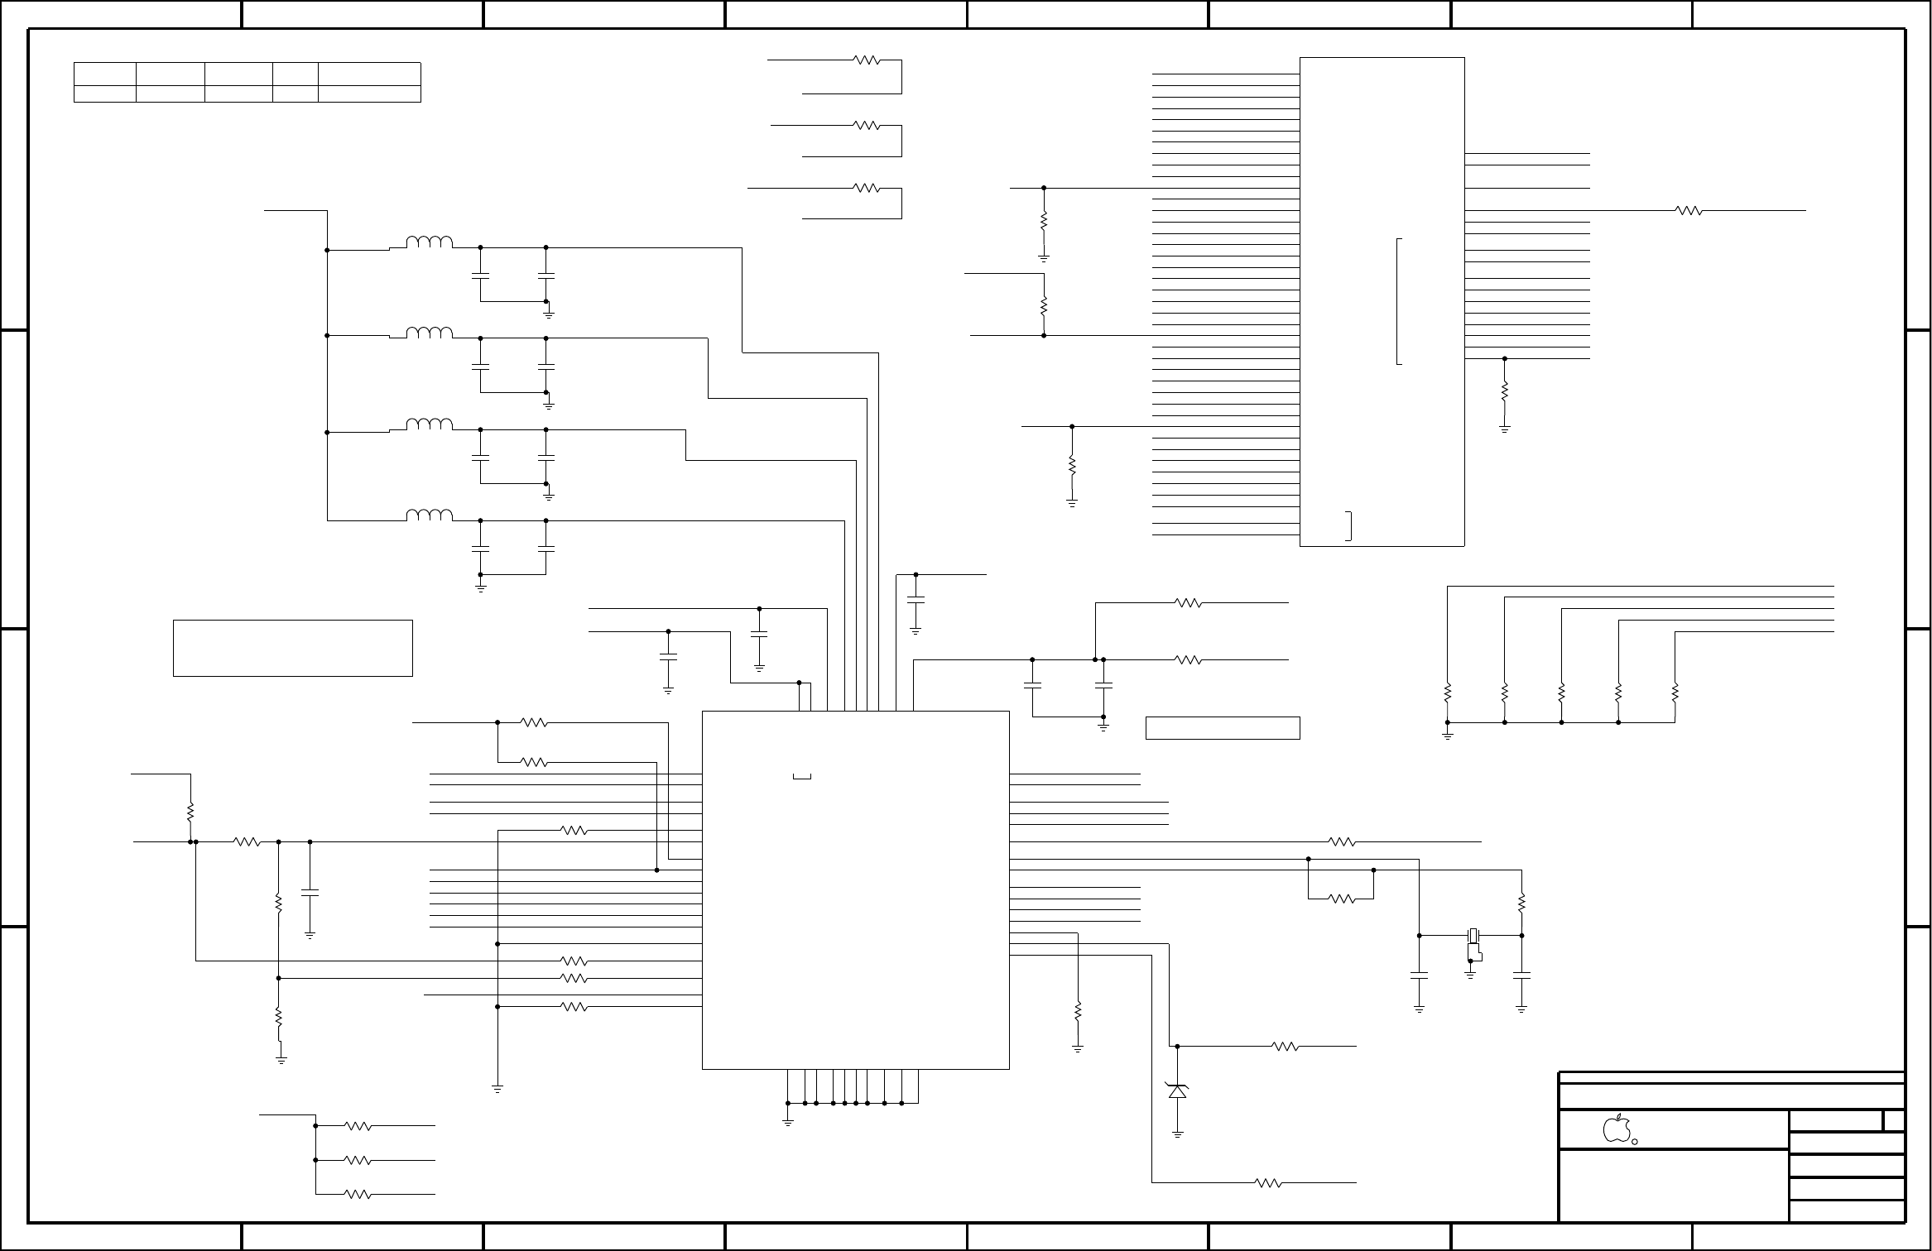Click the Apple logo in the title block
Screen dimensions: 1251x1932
point(1617,1129)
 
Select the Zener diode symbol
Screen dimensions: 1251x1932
point(1177,1091)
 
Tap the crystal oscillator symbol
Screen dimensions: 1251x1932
point(1472,936)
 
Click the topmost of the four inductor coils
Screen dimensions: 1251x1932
point(430,242)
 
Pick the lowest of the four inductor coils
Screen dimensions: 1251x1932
point(430,515)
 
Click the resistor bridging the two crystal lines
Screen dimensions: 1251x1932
point(1341,899)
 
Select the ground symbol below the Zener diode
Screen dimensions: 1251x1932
point(1177,1134)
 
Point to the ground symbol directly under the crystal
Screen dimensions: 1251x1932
point(1471,975)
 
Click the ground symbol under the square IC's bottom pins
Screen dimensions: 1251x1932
point(787,1122)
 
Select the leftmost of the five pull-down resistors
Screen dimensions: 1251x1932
point(1448,692)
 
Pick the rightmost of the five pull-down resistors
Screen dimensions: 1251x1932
point(1675,692)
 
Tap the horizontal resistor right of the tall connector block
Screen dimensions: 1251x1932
point(1689,211)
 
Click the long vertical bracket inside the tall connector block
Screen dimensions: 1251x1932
point(1398,301)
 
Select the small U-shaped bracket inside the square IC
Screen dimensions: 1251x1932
point(801,776)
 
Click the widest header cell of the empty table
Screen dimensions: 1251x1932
point(369,74)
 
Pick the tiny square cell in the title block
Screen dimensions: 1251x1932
point(1894,1122)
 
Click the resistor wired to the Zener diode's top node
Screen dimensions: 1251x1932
point(1286,1047)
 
